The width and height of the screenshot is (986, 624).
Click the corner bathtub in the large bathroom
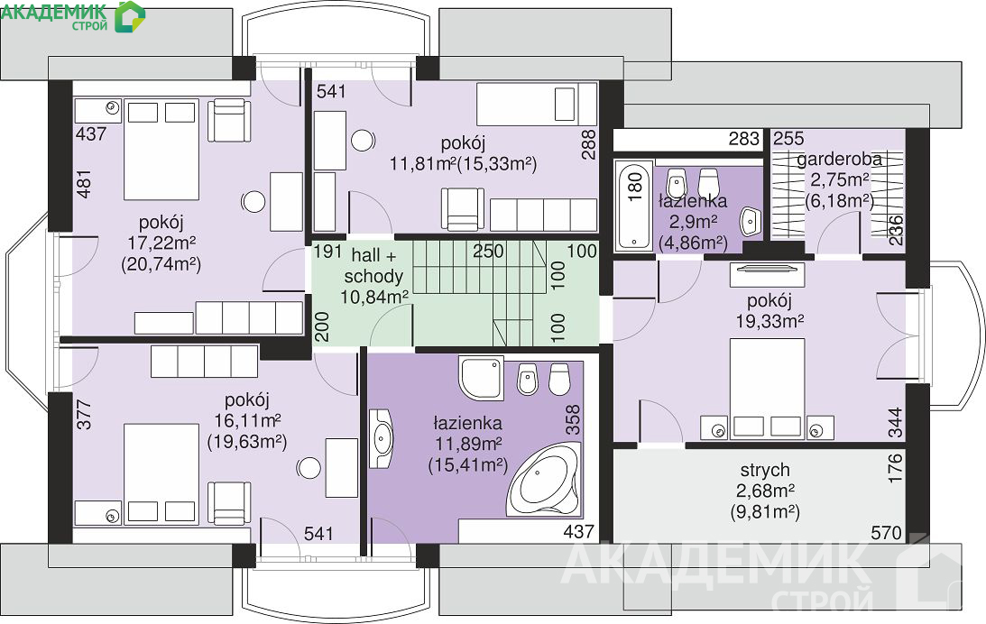(x=543, y=481)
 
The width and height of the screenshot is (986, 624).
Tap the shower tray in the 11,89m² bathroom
(x=482, y=378)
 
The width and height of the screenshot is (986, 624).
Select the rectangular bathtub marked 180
(x=634, y=206)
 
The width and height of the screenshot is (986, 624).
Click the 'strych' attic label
(x=765, y=470)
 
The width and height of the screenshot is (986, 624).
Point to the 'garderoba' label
(x=840, y=160)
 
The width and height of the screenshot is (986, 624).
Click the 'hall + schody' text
(x=373, y=266)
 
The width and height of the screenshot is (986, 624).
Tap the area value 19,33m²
(x=769, y=322)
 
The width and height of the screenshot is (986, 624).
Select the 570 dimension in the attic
(x=886, y=534)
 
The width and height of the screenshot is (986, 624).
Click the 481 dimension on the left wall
(x=84, y=184)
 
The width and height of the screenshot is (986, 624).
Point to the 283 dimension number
(x=744, y=139)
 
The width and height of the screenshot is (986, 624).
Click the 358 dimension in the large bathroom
(x=573, y=420)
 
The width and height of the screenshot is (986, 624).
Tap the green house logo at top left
(x=130, y=16)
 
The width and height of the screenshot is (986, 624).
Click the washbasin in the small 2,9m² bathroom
(x=751, y=221)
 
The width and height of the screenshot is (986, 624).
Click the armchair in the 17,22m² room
(x=229, y=120)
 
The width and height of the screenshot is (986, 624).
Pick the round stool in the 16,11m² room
(x=309, y=468)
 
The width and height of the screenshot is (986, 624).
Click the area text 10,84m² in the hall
(x=374, y=297)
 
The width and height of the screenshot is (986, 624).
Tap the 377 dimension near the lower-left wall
(x=84, y=415)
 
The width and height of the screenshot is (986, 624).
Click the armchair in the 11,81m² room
(x=462, y=209)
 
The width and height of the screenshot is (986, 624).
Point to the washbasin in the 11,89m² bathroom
(x=381, y=439)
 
